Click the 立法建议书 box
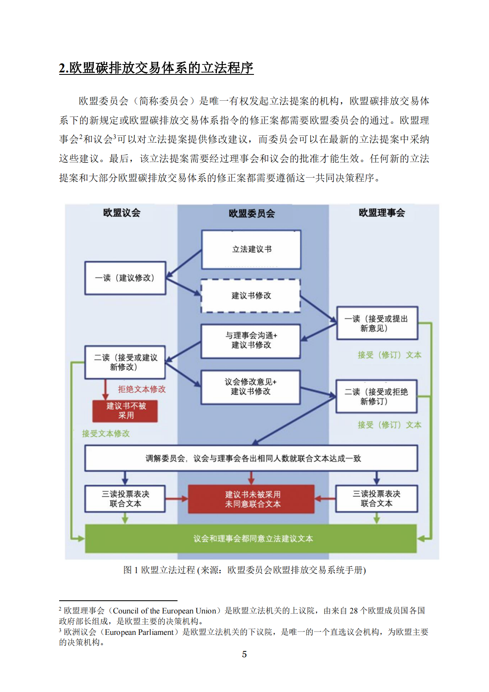(251, 250)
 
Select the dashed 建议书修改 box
(251, 296)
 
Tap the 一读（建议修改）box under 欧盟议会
(125, 278)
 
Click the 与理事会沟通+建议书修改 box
(251, 341)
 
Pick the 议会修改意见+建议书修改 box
(251, 387)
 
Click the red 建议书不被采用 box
(125, 411)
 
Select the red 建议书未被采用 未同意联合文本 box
(251, 499)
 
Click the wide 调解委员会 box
(251, 458)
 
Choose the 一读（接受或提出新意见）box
(377, 323)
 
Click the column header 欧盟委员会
(251, 213)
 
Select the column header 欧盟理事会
(382, 213)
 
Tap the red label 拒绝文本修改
(142, 389)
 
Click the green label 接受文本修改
(106, 433)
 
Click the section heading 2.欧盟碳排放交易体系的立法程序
(156, 68)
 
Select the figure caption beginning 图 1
(244, 570)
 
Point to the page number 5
(244, 654)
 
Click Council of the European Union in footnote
(164, 611)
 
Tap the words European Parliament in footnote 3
(139, 632)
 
